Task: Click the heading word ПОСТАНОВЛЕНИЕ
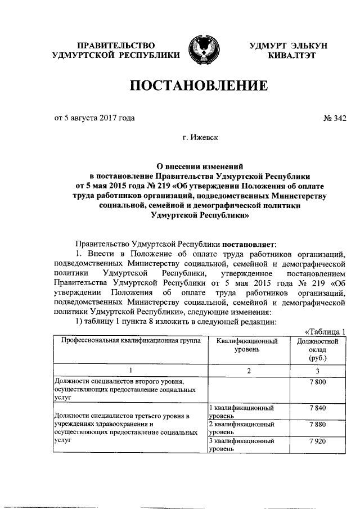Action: tap(199, 86)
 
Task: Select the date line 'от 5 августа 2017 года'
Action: tap(94, 118)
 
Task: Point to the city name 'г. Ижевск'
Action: tap(199, 136)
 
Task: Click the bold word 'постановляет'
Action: tap(249, 244)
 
